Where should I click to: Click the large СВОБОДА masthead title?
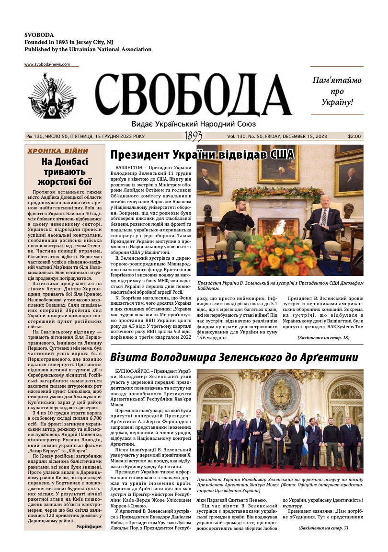click(194, 96)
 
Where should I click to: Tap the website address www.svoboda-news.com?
click(47, 64)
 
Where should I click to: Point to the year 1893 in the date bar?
click(194, 137)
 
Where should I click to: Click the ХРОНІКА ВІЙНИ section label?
click(57, 150)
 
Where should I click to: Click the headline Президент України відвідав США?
click(202, 155)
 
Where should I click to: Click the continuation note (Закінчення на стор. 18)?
click(323, 338)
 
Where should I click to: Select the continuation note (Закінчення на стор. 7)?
click(323, 528)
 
